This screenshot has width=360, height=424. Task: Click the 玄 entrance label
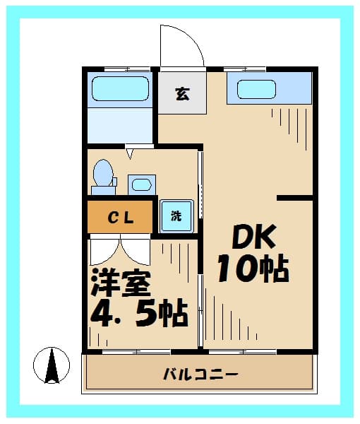[183, 94]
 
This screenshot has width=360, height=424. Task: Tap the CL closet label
[121, 218]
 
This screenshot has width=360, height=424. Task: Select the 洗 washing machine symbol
[176, 216]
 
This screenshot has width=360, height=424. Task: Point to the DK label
[254, 237]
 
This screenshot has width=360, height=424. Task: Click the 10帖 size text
[253, 269]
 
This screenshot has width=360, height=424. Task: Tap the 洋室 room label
[121, 283]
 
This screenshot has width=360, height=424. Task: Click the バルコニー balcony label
[200, 375]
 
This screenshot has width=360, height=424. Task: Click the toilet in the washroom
[104, 177]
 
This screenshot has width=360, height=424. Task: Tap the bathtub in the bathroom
[120, 89]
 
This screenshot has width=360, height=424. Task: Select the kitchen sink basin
[256, 90]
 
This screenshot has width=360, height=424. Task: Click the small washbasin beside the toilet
[142, 184]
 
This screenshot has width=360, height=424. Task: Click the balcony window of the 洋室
[137, 352]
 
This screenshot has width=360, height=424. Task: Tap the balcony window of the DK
[243, 352]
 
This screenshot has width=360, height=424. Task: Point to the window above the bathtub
[128, 69]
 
